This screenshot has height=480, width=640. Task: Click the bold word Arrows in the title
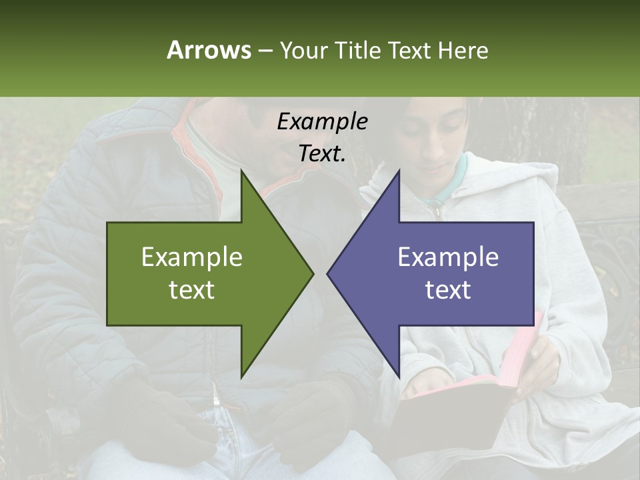pyautogui.click(x=208, y=50)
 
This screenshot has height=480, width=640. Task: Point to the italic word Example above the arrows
pyautogui.click(x=322, y=121)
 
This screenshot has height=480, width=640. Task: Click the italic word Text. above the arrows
pyautogui.click(x=322, y=153)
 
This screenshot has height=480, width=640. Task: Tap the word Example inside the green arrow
pyautogui.click(x=191, y=257)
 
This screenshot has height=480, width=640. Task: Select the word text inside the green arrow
pyautogui.click(x=191, y=290)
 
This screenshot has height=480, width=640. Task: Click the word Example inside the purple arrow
pyautogui.click(x=448, y=257)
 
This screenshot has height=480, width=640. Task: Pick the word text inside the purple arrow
pyautogui.click(x=448, y=290)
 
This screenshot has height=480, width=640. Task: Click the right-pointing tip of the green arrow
pyautogui.click(x=311, y=273)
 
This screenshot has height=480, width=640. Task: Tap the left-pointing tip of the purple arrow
pyautogui.click(x=329, y=273)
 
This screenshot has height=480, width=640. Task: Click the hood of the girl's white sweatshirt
pyautogui.click(x=527, y=180)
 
